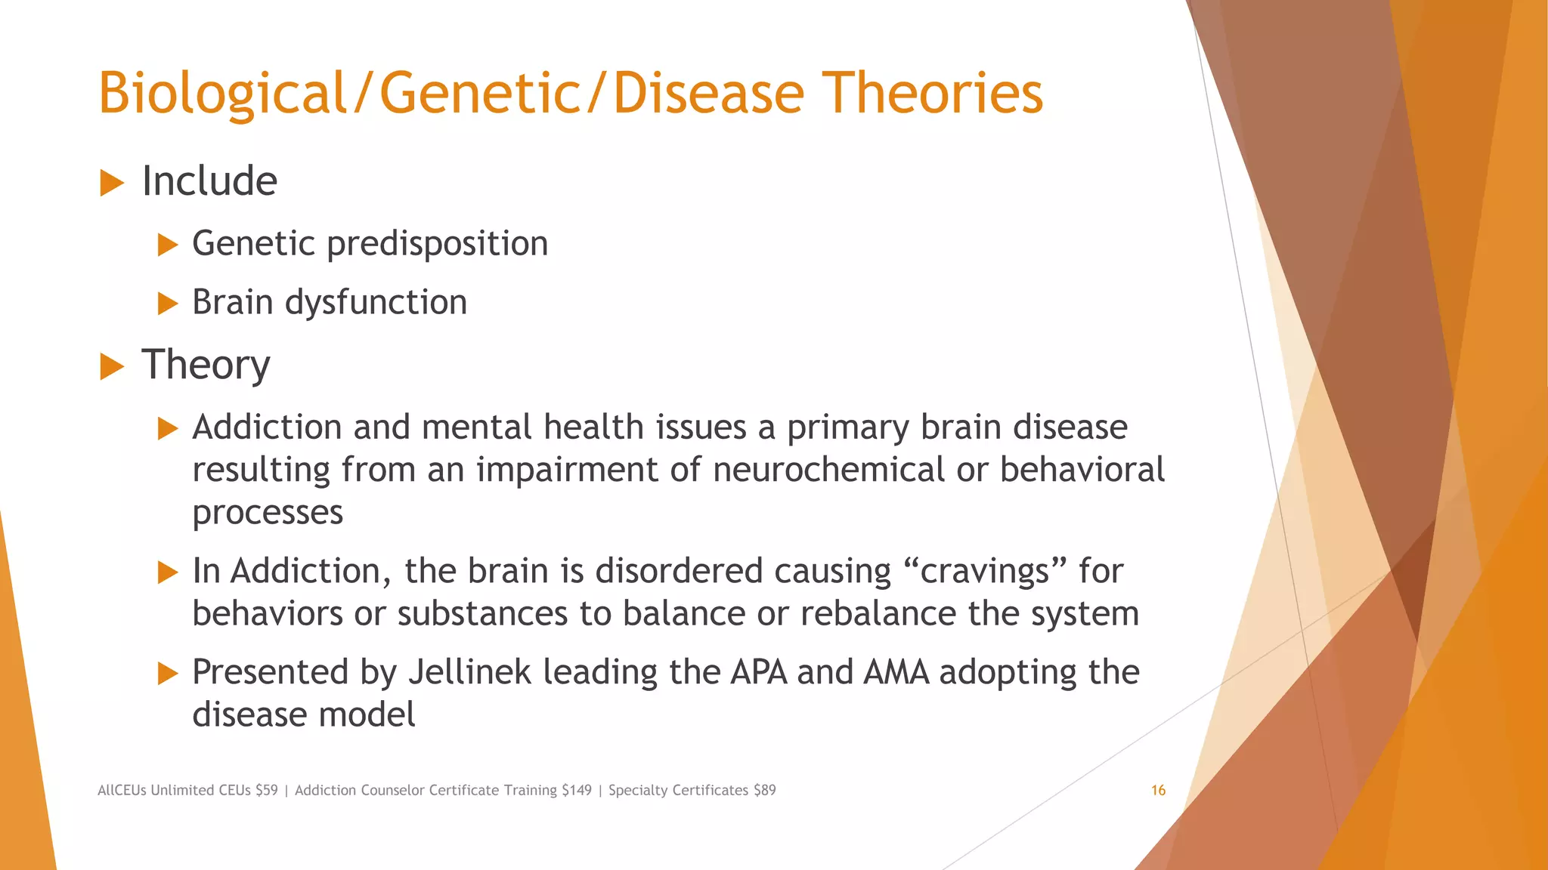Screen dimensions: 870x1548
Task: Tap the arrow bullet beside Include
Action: (x=111, y=183)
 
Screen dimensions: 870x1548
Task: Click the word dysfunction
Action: (x=376, y=303)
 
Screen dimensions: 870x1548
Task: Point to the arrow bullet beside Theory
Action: (x=111, y=366)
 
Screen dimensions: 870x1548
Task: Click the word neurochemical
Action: (x=828, y=470)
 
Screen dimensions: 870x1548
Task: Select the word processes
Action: (x=268, y=513)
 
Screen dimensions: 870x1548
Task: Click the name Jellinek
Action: (x=469, y=672)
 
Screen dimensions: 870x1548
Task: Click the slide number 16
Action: (x=1158, y=790)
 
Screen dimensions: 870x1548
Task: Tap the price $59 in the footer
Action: (x=266, y=790)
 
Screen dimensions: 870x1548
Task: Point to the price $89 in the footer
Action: (x=764, y=790)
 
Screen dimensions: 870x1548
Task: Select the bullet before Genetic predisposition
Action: (x=167, y=245)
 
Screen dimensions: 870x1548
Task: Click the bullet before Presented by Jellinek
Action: (x=167, y=673)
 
